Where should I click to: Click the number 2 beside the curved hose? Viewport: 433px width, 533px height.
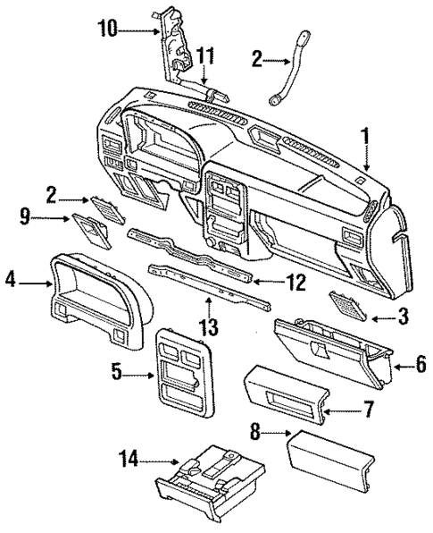point(256,58)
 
